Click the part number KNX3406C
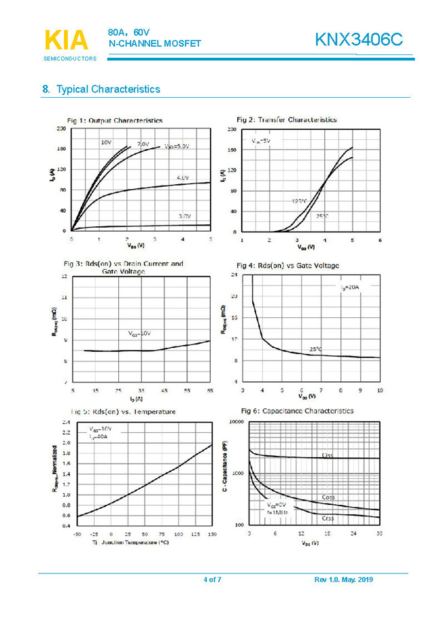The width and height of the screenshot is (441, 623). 358,40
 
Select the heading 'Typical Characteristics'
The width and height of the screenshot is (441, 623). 107,89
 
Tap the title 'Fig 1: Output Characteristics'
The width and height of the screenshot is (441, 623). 114,120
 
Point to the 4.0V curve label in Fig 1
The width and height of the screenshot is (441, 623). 182,177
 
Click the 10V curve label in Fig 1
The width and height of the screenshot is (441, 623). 106,143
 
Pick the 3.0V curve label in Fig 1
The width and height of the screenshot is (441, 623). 184,215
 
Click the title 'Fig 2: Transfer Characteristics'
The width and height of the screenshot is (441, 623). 286,120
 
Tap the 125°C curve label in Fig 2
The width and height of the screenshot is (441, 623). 299,202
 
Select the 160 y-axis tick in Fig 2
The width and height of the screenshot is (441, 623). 232,149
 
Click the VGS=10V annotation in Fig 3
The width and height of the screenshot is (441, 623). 139,334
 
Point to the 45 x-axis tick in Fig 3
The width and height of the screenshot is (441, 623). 164,391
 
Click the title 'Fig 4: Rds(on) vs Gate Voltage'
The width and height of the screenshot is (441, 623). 287,265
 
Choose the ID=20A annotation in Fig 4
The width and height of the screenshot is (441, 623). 349,288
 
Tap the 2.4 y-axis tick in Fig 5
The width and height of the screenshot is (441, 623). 66,422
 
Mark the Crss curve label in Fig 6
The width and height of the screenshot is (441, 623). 327,518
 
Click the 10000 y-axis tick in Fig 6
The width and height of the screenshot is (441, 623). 235,422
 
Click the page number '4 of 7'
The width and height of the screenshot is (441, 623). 213,580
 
